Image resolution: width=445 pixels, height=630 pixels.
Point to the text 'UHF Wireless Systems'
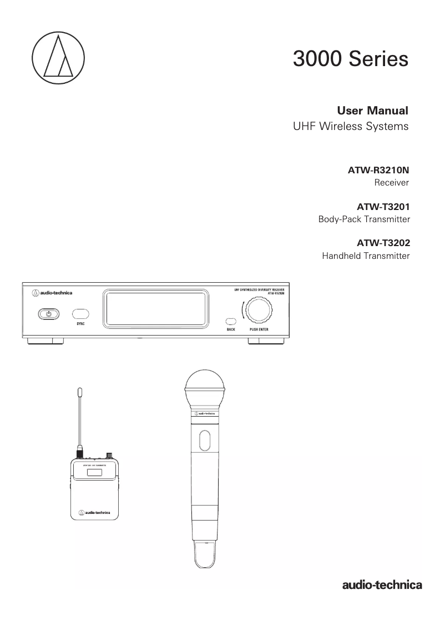350,126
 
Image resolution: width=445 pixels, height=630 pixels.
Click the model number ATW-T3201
383,207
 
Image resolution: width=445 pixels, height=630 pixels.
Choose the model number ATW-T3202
383,243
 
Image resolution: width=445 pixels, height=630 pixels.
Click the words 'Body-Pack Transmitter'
363,219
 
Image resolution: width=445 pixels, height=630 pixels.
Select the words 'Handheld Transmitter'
366,256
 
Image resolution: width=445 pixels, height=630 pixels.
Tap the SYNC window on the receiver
81,314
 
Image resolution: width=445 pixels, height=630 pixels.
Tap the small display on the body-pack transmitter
95,472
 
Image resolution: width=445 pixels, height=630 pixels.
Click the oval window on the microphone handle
204,439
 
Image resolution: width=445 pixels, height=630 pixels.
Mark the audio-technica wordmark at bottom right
382,584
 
